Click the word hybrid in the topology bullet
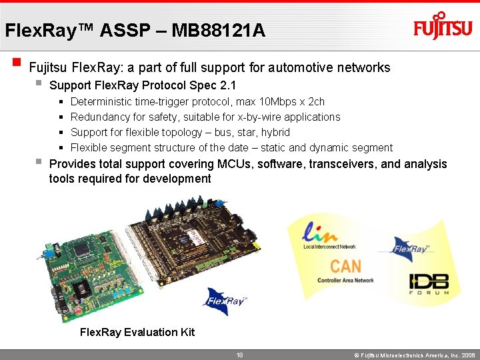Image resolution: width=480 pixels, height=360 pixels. (275, 132)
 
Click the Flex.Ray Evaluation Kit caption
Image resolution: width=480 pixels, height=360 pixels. (137, 332)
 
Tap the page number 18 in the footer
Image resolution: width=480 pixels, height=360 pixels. (240, 355)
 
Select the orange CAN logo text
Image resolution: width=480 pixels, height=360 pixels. (345, 266)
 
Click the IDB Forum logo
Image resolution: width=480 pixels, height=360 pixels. (428, 285)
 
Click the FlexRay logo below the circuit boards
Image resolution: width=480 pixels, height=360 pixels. (225, 301)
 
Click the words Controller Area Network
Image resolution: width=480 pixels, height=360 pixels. (345, 281)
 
